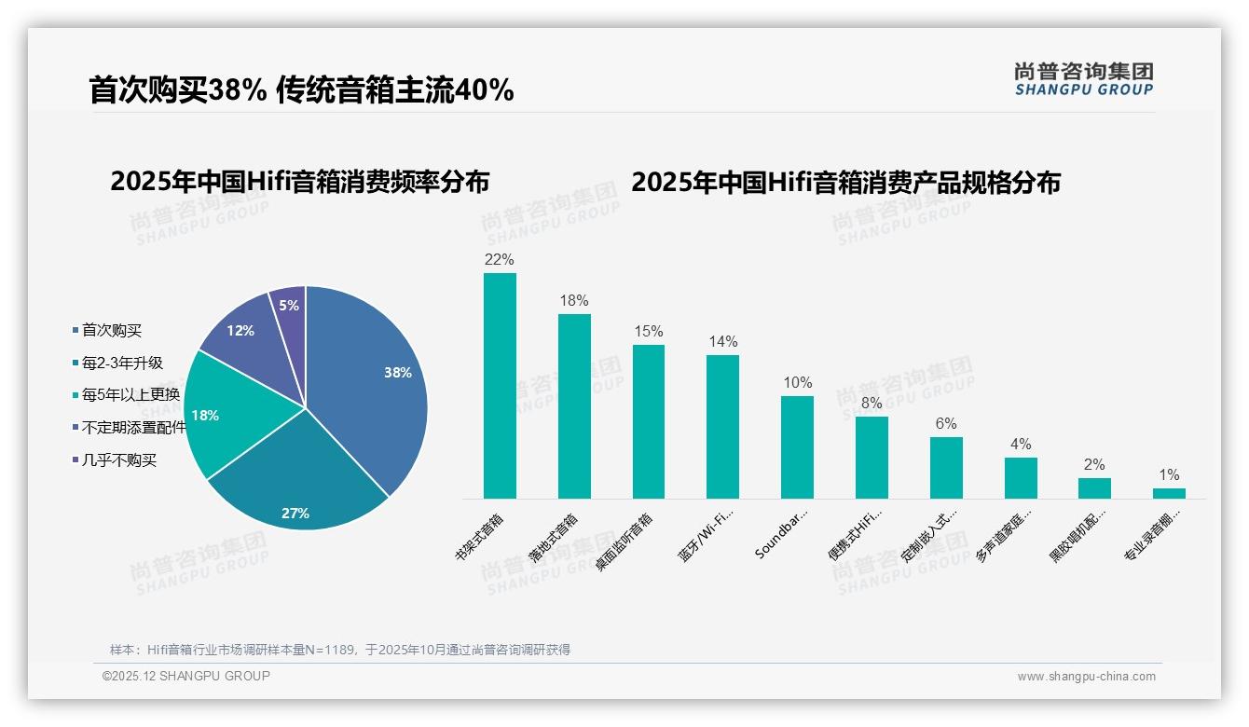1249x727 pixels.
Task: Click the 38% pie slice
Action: [x=373, y=373]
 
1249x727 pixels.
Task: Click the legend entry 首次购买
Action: [x=112, y=330]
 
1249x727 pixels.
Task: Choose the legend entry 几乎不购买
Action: [x=119, y=460]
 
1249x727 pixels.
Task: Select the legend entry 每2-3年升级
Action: [x=122, y=363]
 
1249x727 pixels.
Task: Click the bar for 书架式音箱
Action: [x=500, y=386]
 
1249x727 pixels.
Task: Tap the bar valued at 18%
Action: [x=574, y=406]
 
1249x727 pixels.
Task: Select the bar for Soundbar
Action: [x=797, y=447]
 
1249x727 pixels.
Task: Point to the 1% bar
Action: [x=1169, y=493]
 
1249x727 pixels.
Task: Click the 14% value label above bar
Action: [x=722, y=341]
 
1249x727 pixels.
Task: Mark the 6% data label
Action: [x=945, y=423]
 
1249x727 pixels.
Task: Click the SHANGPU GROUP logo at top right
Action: [x=1083, y=78]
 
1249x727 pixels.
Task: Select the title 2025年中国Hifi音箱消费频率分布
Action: [x=299, y=181]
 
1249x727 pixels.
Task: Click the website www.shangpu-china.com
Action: [x=1086, y=677]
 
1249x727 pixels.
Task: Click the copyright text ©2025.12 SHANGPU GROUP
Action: [x=186, y=676]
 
